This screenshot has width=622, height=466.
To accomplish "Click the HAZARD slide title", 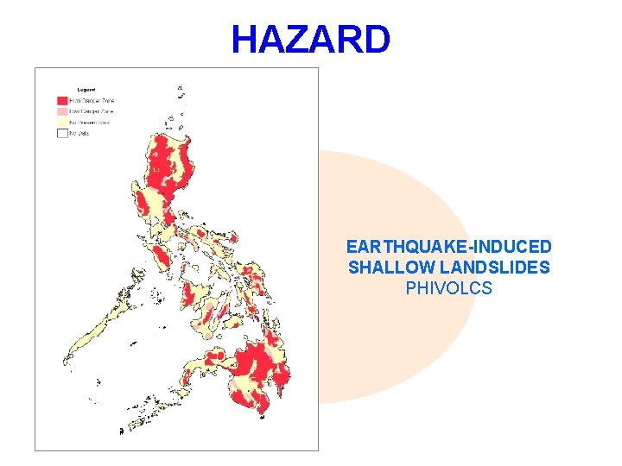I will click(311, 39).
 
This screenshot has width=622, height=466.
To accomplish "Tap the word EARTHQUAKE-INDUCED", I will click(448, 247).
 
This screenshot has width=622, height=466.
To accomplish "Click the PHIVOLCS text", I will click(448, 288).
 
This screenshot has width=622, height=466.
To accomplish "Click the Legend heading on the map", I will click(86, 88).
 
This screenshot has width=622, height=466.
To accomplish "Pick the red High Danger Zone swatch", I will click(62, 100).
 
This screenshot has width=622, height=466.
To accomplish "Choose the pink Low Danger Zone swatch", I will click(62, 111).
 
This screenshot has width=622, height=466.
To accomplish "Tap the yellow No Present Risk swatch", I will click(62, 122).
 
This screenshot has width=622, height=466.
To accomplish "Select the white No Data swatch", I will click(62, 133).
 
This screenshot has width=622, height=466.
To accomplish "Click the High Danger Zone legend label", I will click(92, 100).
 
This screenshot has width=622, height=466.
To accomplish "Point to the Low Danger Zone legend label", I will click(92, 111).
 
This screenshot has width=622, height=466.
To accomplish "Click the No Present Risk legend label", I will click(92, 122).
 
